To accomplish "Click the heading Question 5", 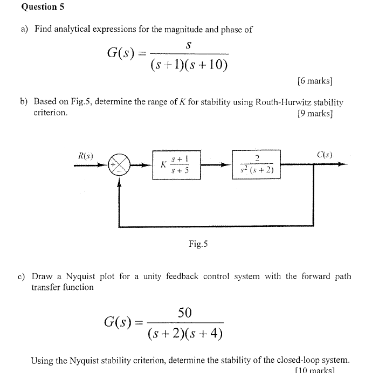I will point(39,7).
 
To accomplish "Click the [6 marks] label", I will point(315,81).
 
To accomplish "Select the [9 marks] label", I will point(315,113).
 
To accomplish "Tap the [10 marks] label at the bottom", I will point(315,370).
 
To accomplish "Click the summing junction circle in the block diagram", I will point(120,164).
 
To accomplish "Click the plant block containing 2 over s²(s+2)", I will point(257,164).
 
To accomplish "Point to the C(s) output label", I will point(325,155).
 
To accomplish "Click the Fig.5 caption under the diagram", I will point(198,244).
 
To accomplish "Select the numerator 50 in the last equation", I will point(185,313).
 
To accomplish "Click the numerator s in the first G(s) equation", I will point(188,46).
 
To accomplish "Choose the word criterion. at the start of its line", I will point(51,113).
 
